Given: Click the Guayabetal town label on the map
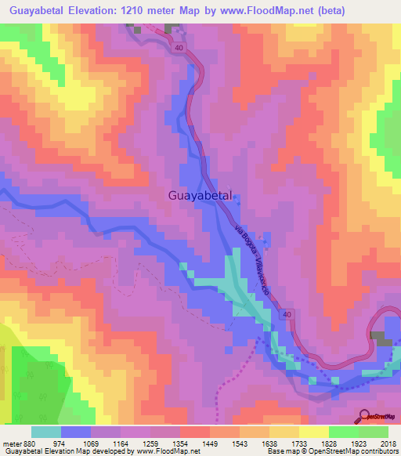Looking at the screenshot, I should [x=200, y=197].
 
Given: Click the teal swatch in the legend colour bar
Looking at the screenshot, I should [x=46, y=432].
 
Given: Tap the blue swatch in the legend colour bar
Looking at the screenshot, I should [x=76, y=432].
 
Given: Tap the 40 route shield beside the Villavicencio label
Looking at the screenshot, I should [x=287, y=314].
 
